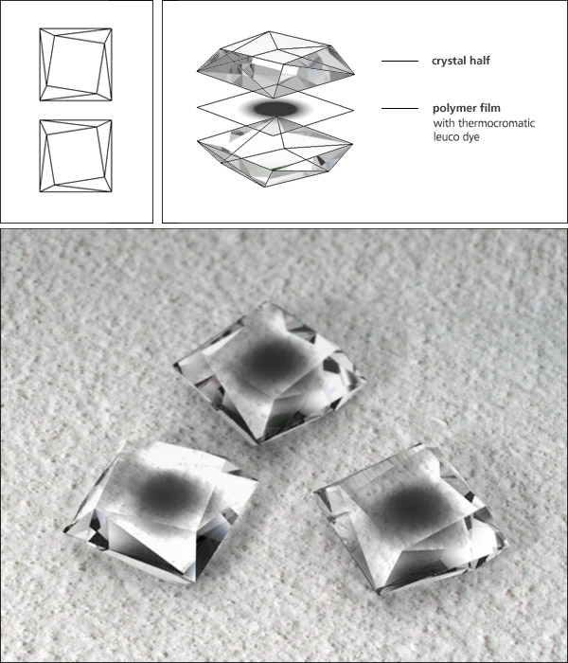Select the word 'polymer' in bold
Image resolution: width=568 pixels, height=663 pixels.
pos(452,109)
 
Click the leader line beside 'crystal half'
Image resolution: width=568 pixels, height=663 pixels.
pos(399,62)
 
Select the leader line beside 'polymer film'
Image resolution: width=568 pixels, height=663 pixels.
pos(399,109)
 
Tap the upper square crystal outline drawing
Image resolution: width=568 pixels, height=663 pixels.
pos(76,63)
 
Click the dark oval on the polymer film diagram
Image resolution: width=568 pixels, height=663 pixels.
pos(276,111)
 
